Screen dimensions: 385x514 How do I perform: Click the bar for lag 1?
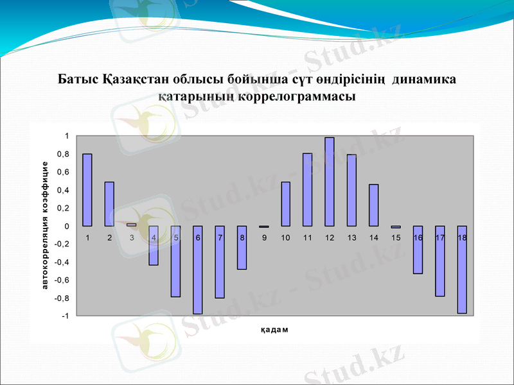coord(87,190)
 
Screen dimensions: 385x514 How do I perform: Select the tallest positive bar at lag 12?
coord(330,182)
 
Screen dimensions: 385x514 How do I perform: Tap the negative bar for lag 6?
coord(198,269)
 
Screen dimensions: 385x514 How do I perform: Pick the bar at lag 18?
coord(461,269)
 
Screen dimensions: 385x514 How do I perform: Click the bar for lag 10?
coord(286,204)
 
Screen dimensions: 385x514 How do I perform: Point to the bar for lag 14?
coord(374,205)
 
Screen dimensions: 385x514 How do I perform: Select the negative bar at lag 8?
coord(242,248)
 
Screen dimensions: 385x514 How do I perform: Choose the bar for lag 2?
coord(109,204)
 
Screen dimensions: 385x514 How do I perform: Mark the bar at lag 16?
coord(418,250)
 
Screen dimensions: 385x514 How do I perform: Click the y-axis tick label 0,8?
coord(63,154)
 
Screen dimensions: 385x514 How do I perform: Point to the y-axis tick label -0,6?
coord(62,280)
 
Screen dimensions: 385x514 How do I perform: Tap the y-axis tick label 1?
coord(66,136)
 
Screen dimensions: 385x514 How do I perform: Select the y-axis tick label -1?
coord(64,316)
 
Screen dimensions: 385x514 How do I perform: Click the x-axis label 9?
coord(264,238)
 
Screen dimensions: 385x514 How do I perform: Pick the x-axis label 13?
coord(351,238)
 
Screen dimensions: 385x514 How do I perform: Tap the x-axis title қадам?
coord(274,330)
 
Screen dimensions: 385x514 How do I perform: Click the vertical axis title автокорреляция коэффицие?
coord(46,225)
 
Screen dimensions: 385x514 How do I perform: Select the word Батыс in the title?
coord(77,81)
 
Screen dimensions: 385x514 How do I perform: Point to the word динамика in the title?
coord(423,81)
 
